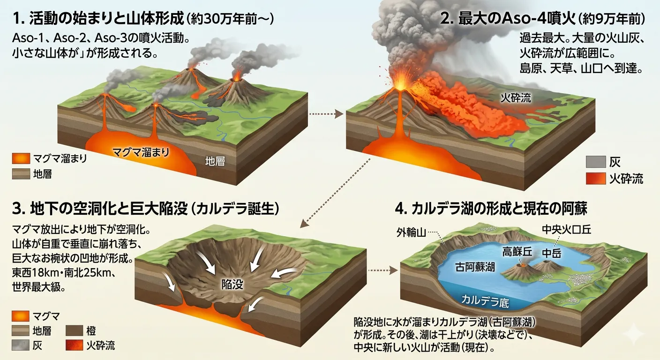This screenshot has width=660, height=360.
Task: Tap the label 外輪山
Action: (x=409, y=231)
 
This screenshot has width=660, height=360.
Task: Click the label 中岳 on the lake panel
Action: (x=551, y=253)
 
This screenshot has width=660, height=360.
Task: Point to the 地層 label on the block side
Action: (x=215, y=162)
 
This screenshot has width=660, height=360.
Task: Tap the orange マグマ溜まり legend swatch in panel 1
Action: (x=20, y=158)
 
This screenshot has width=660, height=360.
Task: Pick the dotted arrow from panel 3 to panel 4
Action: (x=383, y=270)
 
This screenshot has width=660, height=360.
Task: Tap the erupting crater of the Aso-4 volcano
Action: (x=400, y=85)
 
